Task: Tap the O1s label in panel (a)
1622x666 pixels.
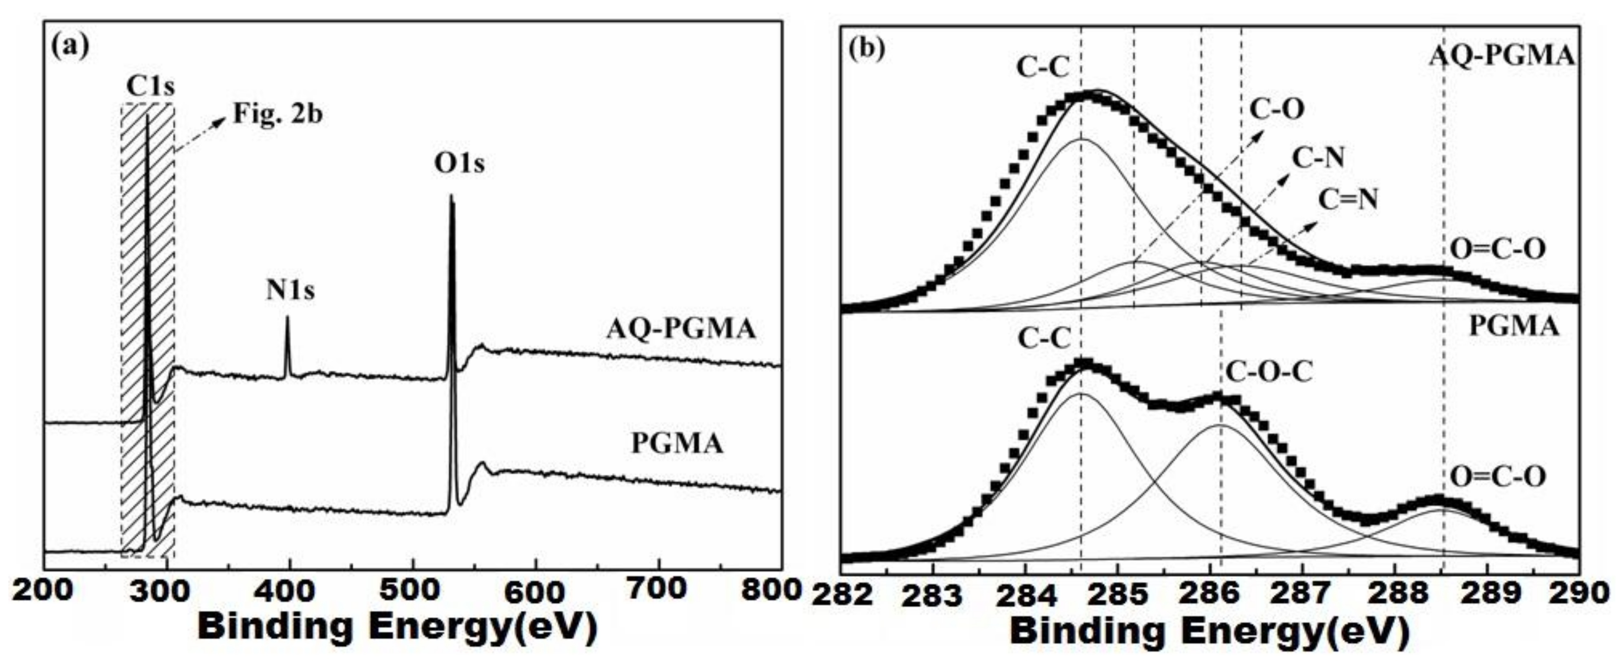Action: [460, 164]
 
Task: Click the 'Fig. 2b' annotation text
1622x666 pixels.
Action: [278, 115]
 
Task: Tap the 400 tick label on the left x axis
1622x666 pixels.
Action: [290, 592]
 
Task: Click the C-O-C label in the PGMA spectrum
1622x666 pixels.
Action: [1268, 372]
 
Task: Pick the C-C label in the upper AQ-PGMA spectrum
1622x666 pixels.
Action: [1043, 67]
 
